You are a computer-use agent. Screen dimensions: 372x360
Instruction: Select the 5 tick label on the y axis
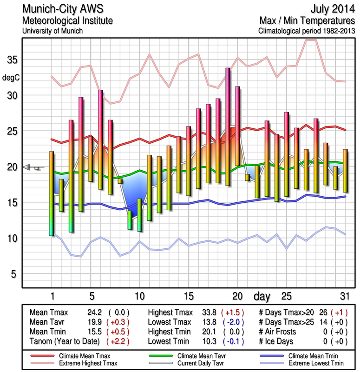13,274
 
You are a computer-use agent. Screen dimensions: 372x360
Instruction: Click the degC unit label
12,77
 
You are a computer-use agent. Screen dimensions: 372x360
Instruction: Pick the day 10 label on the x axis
139,296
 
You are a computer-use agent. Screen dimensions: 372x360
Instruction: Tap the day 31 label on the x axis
345,296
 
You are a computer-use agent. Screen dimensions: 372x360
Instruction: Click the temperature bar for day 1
52,193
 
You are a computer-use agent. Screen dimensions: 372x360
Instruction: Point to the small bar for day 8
120,181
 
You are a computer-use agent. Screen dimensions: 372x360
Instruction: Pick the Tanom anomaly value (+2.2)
118,341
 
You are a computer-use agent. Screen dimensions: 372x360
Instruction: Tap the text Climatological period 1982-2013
307,31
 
